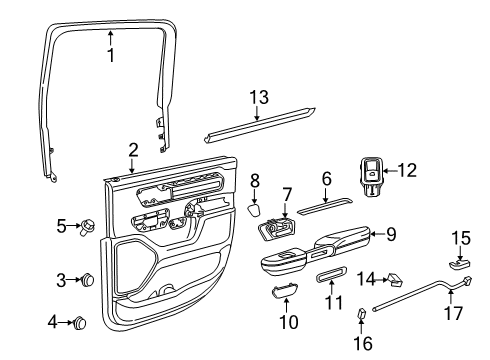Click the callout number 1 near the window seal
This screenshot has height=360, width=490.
point(111,56)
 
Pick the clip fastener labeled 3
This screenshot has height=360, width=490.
point(86,279)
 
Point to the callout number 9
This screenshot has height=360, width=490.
point(391,236)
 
